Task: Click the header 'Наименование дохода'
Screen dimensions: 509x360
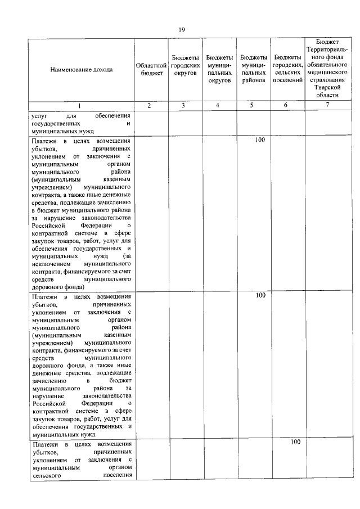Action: [81, 70]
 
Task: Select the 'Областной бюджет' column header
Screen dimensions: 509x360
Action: [151, 70]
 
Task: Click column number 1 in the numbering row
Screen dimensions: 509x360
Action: [79, 105]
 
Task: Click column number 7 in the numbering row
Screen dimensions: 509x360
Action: [327, 105]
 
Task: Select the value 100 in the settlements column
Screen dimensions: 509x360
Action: [295, 442]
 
